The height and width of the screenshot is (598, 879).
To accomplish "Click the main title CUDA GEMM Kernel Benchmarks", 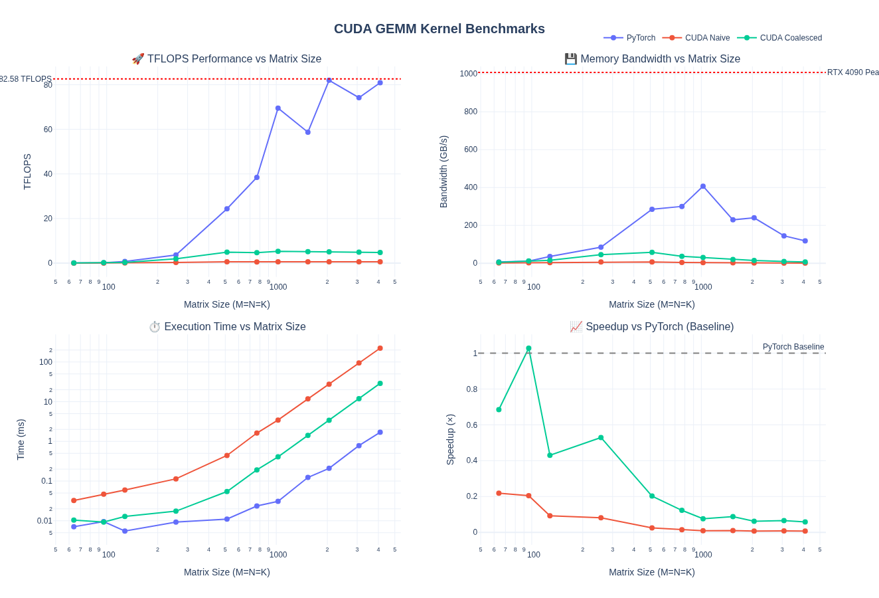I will [x=439, y=29].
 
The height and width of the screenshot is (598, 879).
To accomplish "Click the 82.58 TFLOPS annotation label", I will [x=25, y=79].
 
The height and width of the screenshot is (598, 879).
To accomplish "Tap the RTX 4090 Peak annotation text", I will [x=852, y=72].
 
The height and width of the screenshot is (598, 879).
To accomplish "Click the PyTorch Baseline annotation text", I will [x=793, y=347].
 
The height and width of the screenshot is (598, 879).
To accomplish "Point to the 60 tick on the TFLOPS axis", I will [x=48, y=130].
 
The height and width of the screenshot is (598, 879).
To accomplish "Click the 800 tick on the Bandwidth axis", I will [x=470, y=112].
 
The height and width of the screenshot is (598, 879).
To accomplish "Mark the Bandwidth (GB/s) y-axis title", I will [x=443, y=171].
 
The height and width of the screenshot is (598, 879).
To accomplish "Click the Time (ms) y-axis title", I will [x=21, y=439].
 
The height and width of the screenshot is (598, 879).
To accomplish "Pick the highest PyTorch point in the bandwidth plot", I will [x=703, y=187].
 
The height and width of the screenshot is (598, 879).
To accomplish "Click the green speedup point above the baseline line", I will [x=528, y=348].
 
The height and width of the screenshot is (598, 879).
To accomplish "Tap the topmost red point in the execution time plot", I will [x=380, y=348].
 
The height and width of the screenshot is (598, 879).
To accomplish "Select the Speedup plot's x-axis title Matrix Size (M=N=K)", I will [x=651, y=572].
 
